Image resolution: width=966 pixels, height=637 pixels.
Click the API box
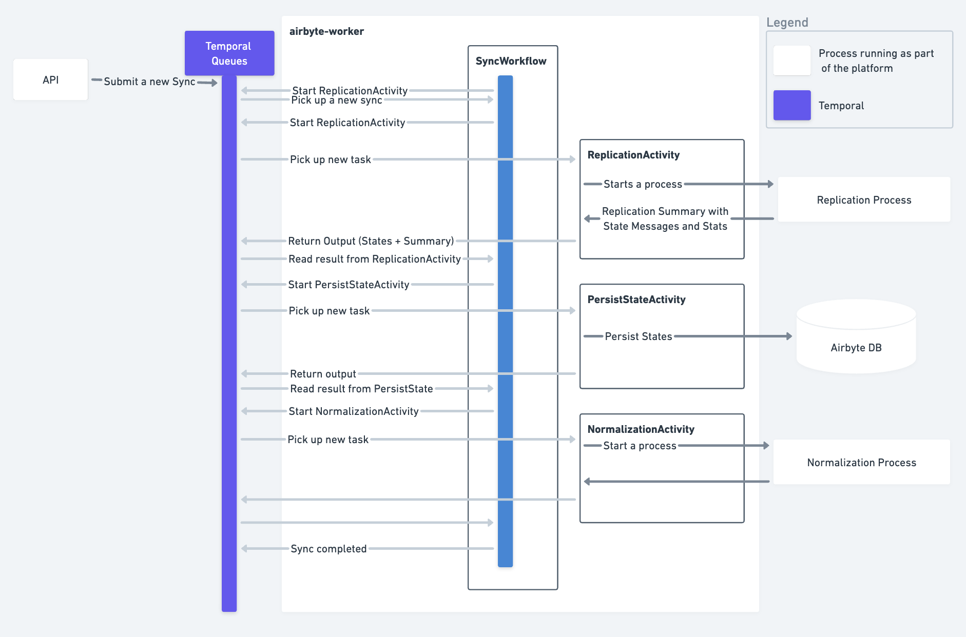[x=50, y=79]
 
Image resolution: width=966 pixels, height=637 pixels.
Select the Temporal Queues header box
[x=229, y=53]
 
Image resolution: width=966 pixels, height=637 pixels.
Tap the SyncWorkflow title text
[x=511, y=61]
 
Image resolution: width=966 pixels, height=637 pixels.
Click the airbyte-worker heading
[x=326, y=31]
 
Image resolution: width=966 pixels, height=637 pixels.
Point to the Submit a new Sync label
[x=149, y=82]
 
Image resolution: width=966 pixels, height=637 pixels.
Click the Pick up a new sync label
[x=336, y=101]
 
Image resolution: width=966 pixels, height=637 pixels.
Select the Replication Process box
[x=864, y=200]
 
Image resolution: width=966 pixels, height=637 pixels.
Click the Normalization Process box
[x=861, y=462]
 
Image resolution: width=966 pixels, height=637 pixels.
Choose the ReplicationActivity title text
[x=633, y=155]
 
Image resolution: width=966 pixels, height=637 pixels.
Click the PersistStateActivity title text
[x=636, y=300]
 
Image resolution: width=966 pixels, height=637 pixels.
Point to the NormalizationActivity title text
[x=641, y=429]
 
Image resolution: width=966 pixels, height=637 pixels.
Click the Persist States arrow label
[x=638, y=336]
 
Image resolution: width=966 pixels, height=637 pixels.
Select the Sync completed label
[x=329, y=549]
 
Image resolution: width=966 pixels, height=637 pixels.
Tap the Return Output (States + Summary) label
[x=371, y=241]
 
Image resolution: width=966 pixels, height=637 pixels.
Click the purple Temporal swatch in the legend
[x=791, y=105]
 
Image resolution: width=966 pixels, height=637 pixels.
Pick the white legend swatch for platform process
[x=791, y=61]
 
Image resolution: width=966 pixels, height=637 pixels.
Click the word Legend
[x=787, y=23]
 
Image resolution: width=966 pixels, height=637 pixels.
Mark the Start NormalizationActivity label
[x=353, y=411]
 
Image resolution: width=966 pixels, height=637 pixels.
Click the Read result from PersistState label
[x=361, y=389]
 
